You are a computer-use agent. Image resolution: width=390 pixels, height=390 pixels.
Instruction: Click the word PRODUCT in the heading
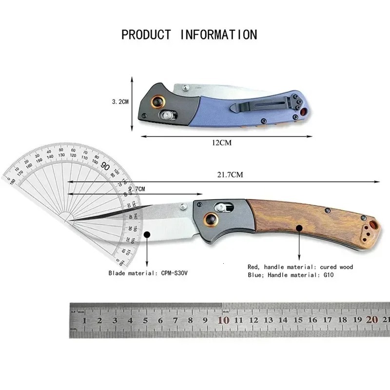coord(146,35)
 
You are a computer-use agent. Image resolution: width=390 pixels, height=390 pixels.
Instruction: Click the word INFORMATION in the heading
coord(218,35)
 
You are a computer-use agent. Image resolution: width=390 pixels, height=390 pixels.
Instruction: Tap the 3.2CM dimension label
coord(120,102)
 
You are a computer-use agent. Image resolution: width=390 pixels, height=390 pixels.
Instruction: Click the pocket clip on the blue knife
coord(263,103)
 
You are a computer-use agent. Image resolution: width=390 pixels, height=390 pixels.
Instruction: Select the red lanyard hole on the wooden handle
coord(372,225)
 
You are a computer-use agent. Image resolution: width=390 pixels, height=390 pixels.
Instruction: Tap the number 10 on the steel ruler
coord(223,320)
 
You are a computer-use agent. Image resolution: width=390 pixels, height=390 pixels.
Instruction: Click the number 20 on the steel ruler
coord(373,320)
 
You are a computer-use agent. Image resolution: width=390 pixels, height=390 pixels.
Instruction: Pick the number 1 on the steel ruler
coord(84,320)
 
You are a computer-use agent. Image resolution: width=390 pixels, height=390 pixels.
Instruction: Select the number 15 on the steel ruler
coord(298,320)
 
